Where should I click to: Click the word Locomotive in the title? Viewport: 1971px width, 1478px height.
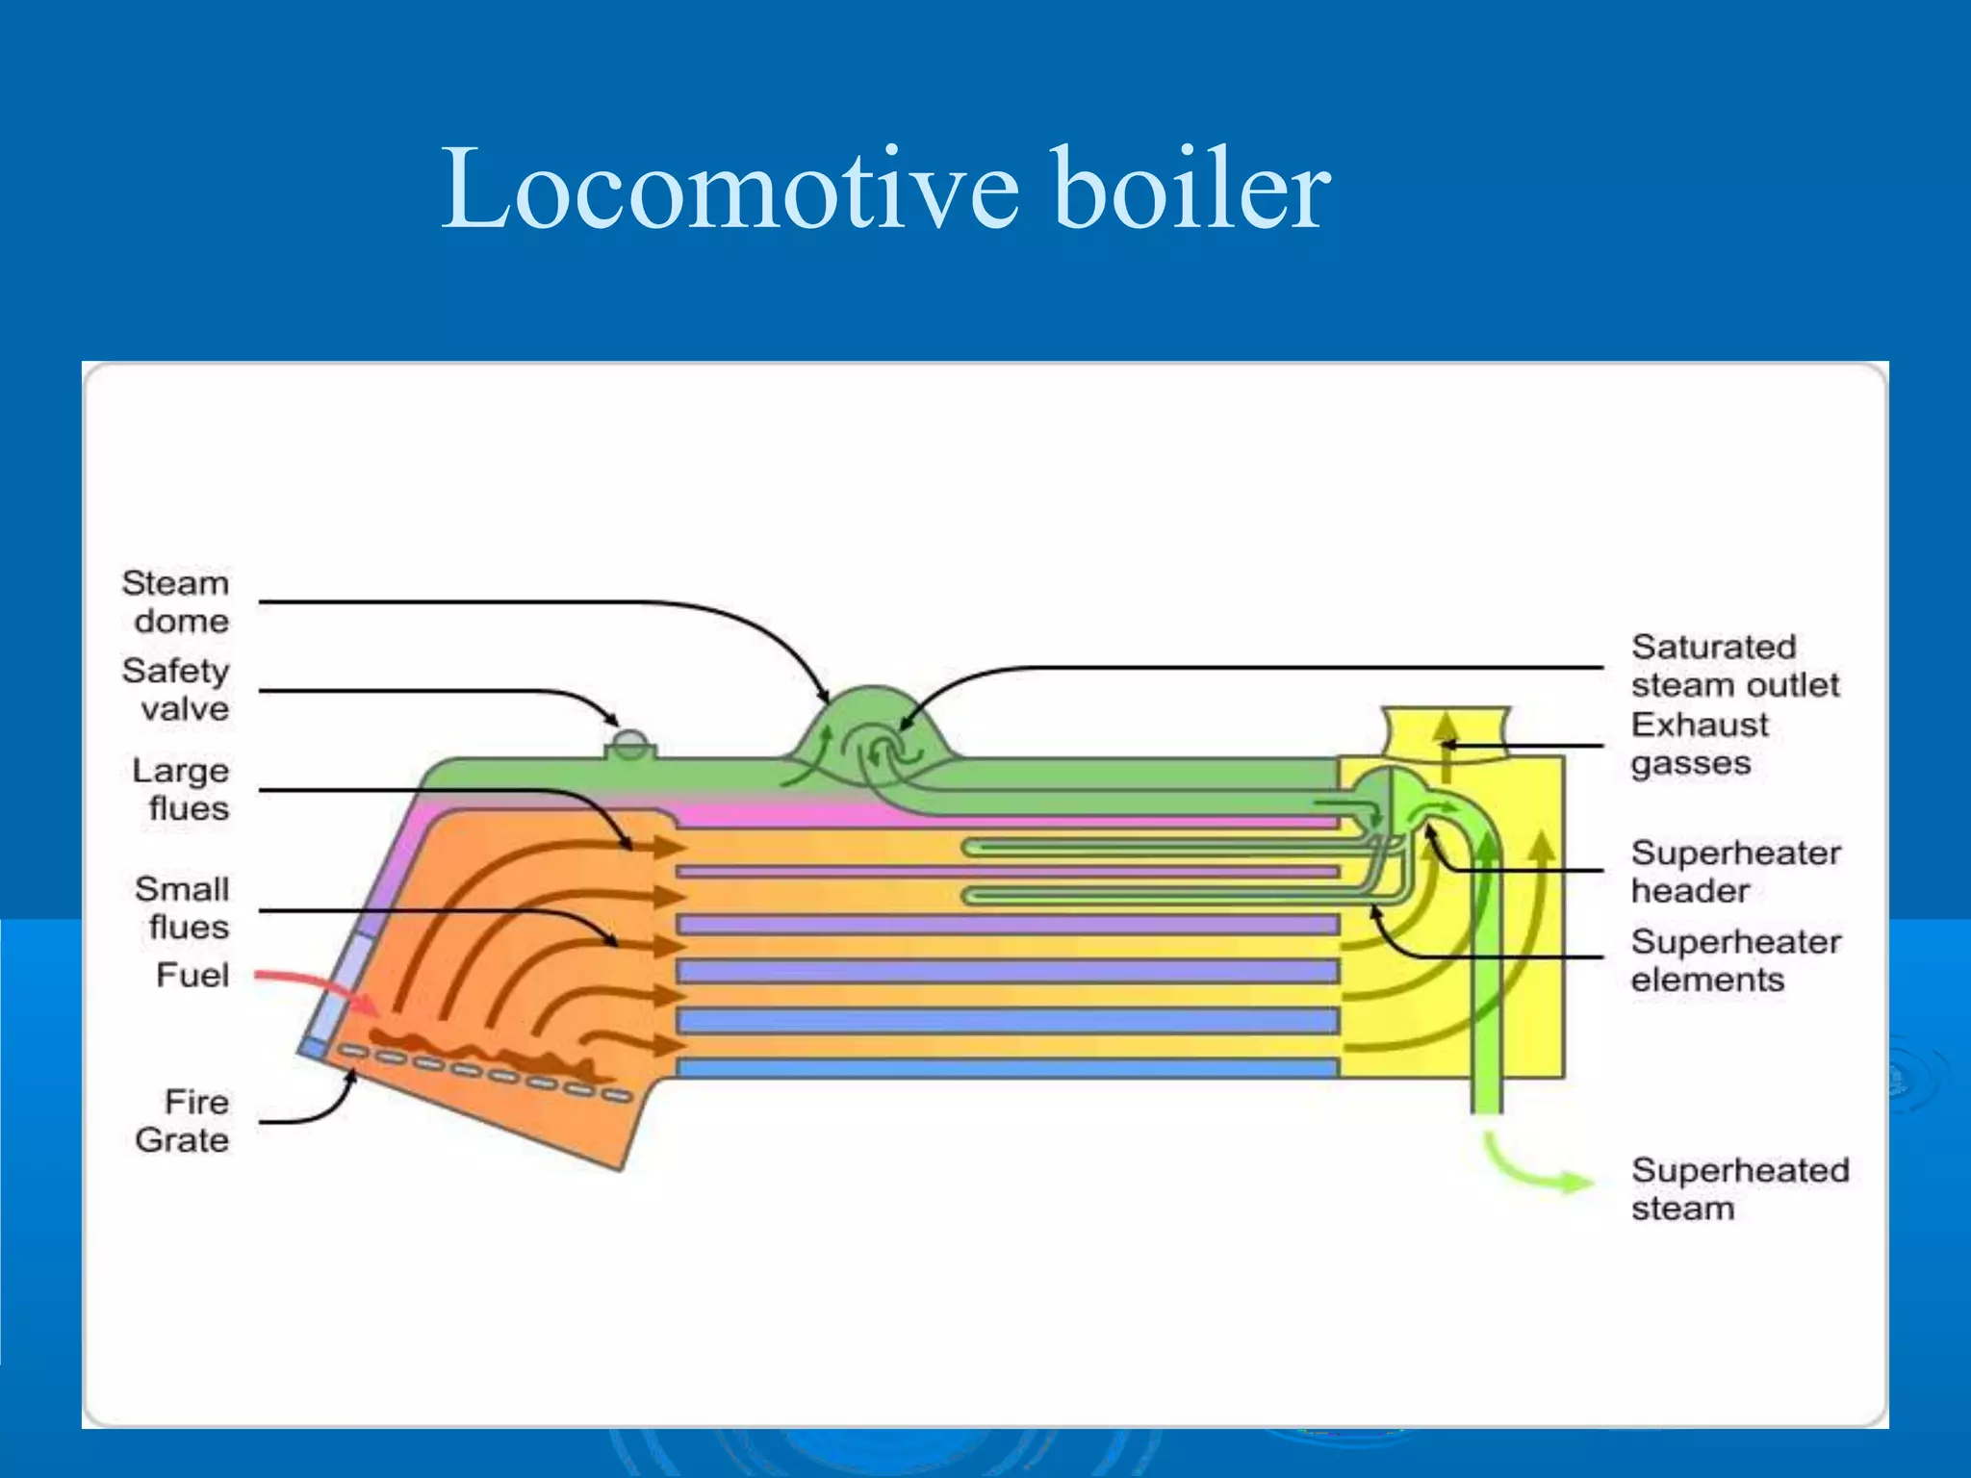(x=729, y=189)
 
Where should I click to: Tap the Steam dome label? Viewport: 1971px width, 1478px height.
(x=176, y=601)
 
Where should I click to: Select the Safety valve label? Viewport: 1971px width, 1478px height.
(x=176, y=689)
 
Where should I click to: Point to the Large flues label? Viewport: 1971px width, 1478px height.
(x=181, y=789)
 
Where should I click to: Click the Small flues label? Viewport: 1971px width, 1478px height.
(x=183, y=907)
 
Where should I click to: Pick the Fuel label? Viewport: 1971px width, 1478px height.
(x=192, y=975)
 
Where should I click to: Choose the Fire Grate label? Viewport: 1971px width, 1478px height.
(x=183, y=1120)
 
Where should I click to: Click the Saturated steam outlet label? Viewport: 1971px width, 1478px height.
(x=1734, y=665)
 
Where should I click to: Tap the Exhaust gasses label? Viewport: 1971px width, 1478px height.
(x=1700, y=743)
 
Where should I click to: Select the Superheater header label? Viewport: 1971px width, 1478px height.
(x=1734, y=871)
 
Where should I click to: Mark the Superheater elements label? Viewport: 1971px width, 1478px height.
(x=1734, y=959)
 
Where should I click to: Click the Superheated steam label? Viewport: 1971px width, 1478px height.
(x=1738, y=1188)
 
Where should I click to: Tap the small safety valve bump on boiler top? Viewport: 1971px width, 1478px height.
(x=630, y=744)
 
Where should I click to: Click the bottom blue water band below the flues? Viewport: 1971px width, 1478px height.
(x=1007, y=1067)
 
